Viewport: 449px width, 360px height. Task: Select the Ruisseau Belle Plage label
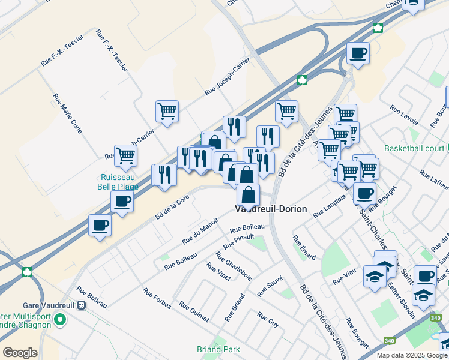(x=118, y=182)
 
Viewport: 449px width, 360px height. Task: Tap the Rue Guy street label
(x=268, y=319)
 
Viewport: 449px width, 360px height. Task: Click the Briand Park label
(x=218, y=349)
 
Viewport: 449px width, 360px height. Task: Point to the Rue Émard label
(x=304, y=247)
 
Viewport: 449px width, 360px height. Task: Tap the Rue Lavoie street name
(x=403, y=113)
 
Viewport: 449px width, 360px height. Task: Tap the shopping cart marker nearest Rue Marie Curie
(x=125, y=155)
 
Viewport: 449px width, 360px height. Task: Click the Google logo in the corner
(x=20, y=353)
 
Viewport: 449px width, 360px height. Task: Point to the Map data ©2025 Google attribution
(x=411, y=355)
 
